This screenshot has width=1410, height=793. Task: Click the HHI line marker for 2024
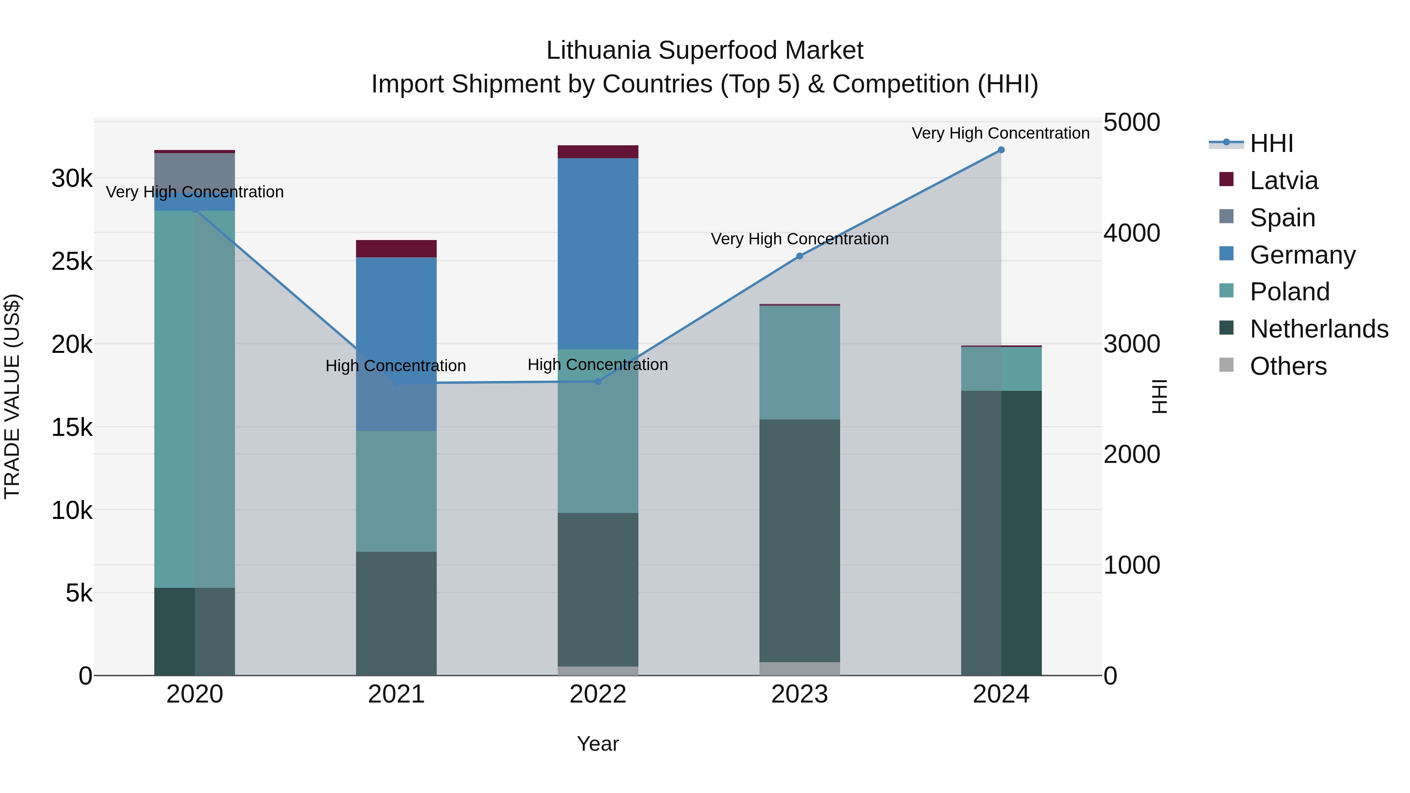[x=1001, y=150]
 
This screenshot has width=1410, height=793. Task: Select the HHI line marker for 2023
[x=800, y=256]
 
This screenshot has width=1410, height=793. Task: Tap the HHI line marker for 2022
[x=598, y=381]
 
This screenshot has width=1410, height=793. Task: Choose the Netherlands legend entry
[x=1319, y=329]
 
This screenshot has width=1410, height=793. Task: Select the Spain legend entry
[x=1282, y=218]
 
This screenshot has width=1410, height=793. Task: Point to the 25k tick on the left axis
[x=72, y=262]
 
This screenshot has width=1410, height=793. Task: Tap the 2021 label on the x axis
[x=396, y=694]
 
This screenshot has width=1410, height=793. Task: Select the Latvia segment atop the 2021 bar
[x=396, y=248]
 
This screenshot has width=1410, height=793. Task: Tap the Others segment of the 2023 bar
[x=800, y=669]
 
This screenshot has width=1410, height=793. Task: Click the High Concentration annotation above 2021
[x=396, y=366]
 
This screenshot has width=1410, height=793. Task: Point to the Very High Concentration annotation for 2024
[x=1001, y=133]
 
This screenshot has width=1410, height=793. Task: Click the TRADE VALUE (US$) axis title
[x=12, y=396]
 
